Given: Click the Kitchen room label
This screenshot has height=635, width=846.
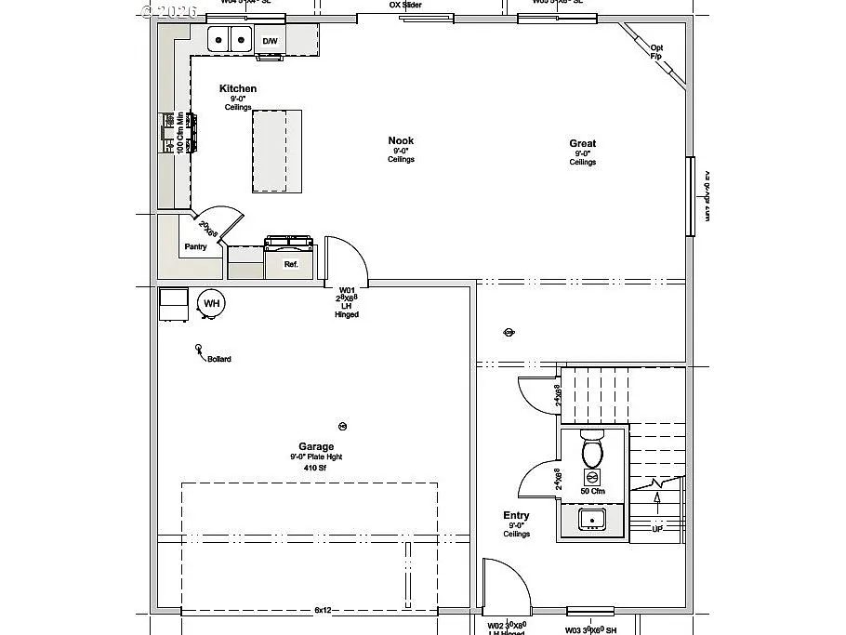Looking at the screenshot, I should coord(238,89).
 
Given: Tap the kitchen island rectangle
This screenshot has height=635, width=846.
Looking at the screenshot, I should coord(277,150).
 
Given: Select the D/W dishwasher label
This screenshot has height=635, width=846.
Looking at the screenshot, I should coord(270,41).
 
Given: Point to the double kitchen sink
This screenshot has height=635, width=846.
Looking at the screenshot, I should coord(230,40).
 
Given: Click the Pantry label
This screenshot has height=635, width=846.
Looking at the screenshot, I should coord(195,246).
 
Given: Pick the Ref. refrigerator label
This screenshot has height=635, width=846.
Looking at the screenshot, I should coord(291,265).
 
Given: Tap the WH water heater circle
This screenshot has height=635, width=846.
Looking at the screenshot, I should coord(212,303).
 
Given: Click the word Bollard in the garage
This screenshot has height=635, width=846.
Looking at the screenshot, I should coord(219,359).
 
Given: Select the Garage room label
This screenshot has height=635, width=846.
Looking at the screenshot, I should coord(316,446).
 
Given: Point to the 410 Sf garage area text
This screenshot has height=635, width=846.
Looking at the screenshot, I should coord(316,468).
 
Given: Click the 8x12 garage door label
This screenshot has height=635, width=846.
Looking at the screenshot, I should coord(323,610).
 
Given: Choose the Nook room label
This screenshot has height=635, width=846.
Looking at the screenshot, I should coord(401,141).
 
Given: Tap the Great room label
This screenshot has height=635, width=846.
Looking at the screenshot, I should coord(583,144).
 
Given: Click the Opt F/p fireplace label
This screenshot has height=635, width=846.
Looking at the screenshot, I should coord(656,52).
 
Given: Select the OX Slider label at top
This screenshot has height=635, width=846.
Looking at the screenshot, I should coord(404,6).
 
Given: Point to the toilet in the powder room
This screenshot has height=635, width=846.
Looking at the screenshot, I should coord(592,450).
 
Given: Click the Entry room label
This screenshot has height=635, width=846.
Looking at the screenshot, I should coord(516,515).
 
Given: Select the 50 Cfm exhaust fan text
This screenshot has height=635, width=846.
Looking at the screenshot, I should coord(592,491).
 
